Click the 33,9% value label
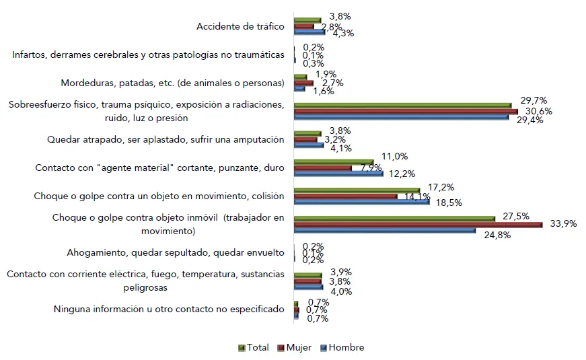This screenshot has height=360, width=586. click(563, 225)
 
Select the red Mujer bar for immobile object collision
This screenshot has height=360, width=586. click(418, 225)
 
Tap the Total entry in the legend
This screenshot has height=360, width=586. click(254, 348)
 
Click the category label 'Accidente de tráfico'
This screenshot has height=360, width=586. click(240, 27)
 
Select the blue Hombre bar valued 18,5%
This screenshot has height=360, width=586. click(362, 201)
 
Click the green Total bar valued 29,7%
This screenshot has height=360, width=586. click(403, 105)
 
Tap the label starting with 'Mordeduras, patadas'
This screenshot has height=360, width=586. click(173, 83)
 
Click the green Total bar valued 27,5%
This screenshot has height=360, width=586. click(394, 218)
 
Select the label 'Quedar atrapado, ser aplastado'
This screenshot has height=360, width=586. click(166, 140)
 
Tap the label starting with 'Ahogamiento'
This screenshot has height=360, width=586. click(176, 254)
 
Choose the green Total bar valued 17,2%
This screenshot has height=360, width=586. click(357, 190)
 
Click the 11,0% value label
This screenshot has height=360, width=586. click(395, 156)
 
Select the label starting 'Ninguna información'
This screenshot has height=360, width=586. click(169, 310)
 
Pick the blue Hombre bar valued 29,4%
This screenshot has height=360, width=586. click(402, 116)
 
